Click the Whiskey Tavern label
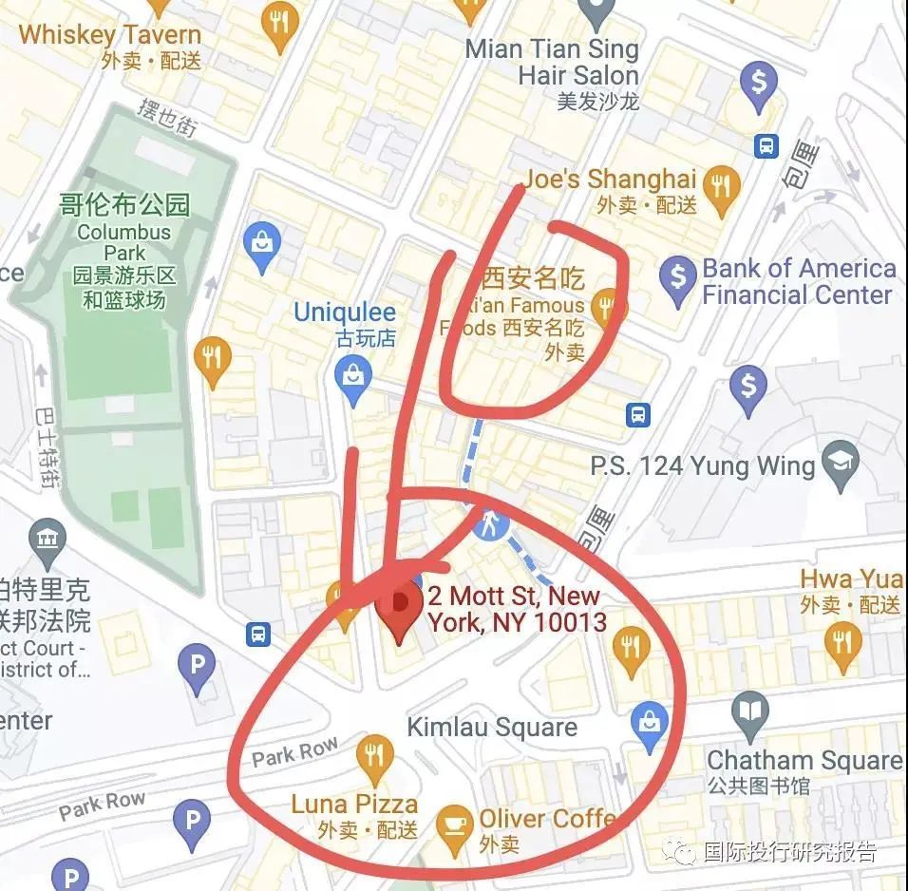[109, 36]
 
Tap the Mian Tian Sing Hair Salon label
[552, 62]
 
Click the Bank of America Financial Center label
[798, 281]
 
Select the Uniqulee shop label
[344, 313]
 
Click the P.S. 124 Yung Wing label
[703, 466]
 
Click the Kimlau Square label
[491, 728]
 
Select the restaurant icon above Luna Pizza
[374, 755]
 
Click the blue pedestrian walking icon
[491, 521]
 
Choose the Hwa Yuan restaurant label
[852, 578]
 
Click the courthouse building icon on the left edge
[47, 539]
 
